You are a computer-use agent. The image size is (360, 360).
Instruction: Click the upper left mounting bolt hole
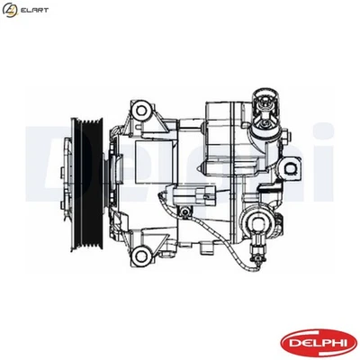(140, 112)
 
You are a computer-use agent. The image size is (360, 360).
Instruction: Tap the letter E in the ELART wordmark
(25, 9)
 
